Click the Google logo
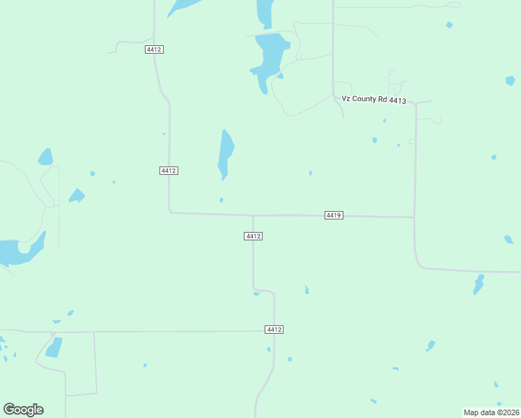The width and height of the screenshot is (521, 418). tap(24, 410)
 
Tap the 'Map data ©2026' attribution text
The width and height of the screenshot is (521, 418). tap(492, 412)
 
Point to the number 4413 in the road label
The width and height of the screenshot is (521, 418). tap(398, 100)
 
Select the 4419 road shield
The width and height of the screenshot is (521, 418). tap(333, 215)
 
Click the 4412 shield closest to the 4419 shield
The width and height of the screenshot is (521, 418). tap(253, 236)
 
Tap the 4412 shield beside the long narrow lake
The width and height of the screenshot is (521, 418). tap(168, 171)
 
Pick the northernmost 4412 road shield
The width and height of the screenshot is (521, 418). tap(154, 49)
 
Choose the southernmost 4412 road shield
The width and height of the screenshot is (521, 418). tap(274, 329)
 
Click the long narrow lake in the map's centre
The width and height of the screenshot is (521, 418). tap(225, 153)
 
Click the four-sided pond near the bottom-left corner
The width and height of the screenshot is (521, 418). tap(54, 347)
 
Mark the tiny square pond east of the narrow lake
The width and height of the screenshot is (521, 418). tap(310, 173)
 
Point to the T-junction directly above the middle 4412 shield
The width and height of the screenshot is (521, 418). tap(253, 215)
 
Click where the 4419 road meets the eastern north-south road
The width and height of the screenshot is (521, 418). tap(414, 217)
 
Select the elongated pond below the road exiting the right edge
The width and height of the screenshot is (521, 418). tap(479, 284)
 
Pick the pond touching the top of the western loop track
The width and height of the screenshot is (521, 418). tap(46, 157)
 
